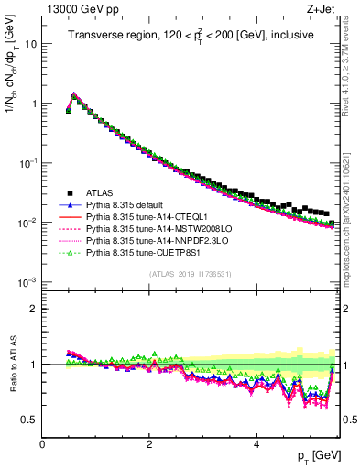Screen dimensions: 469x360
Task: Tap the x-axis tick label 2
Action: (x=148, y=444)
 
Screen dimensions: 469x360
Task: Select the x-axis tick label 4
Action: (x=256, y=444)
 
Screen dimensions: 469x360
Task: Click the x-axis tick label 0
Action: (x=42, y=444)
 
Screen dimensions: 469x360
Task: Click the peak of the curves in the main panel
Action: (x=74, y=93)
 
